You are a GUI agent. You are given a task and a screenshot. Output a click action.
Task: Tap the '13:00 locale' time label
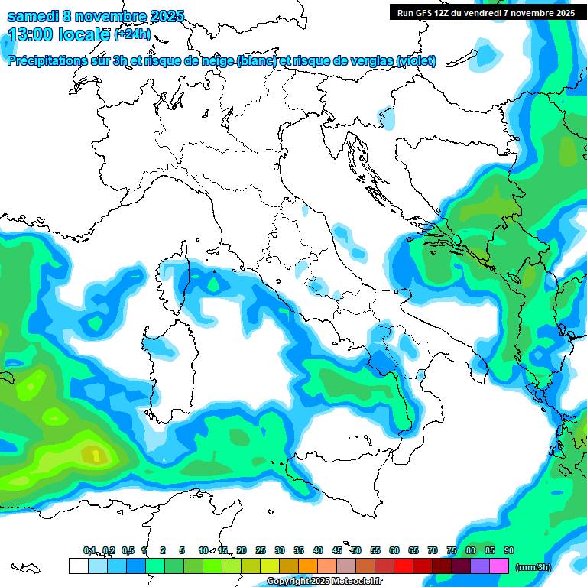click(60, 34)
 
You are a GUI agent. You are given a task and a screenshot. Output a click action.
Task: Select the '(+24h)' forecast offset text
click(132, 34)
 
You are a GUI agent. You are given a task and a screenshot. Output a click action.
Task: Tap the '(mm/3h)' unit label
click(533, 567)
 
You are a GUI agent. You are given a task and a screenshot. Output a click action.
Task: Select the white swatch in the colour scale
click(78, 566)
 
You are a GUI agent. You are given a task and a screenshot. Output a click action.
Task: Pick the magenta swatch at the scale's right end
click(499, 566)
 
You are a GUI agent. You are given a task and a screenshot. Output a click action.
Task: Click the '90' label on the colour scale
click(509, 550)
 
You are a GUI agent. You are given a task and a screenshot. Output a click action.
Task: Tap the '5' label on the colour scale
click(182, 550)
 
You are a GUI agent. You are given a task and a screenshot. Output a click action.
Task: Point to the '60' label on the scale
click(394, 550)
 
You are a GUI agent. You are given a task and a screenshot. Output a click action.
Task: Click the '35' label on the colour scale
click(299, 550)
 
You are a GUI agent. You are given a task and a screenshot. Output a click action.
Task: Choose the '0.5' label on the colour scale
click(127, 550)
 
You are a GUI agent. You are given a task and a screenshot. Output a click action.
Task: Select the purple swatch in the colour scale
click(480, 566)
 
